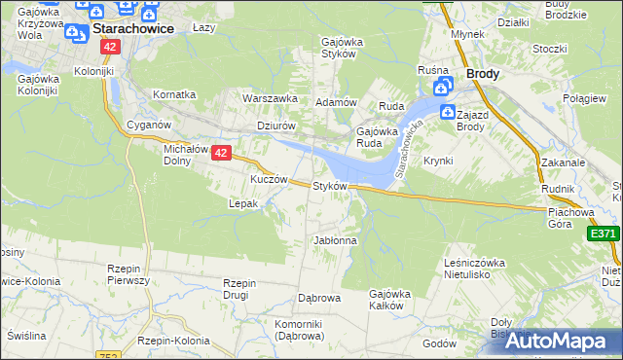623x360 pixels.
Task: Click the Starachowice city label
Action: (133, 29)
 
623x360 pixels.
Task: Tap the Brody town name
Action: (483, 73)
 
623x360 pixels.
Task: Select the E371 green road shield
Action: (604, 234)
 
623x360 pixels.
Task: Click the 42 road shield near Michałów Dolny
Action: (221, 153)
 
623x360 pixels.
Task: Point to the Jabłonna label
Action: (335, 240)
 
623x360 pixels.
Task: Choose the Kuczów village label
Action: (269, 180)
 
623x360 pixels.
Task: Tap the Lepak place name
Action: (242, 204)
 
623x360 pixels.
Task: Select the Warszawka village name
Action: (269, 98)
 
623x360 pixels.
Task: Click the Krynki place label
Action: (438, 161)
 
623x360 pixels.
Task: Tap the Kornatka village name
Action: (174, 94)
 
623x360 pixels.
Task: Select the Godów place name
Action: (439, 343)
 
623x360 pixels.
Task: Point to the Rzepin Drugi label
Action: (238, 288)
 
